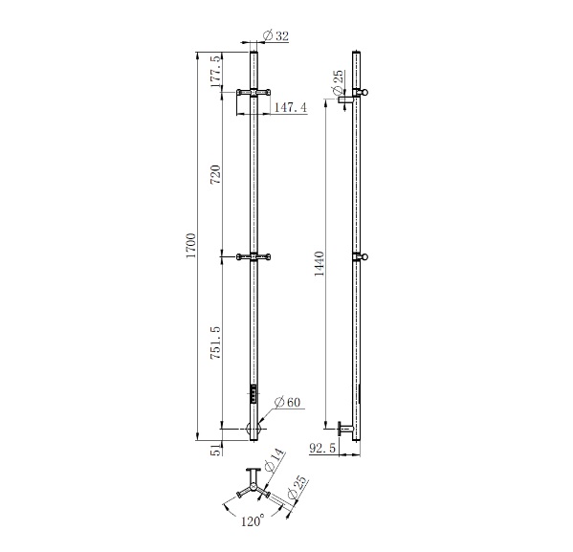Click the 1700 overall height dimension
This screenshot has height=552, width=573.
(x=191, y=245)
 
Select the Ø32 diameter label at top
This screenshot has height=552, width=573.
(x=275, y=35)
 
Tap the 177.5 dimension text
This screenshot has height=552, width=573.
(x=216, y=72)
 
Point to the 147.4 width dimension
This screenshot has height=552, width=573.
(x=291, y=107)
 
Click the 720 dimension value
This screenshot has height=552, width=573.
(x=216, y=174)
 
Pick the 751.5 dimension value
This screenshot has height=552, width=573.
(x=216, y=342)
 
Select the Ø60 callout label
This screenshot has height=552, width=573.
(x=287, y=402)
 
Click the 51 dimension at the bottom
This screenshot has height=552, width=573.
(x=217, y=450)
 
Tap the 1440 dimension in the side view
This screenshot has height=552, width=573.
(x=320, y=264)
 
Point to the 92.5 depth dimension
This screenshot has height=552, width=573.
(x=322, y=448)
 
